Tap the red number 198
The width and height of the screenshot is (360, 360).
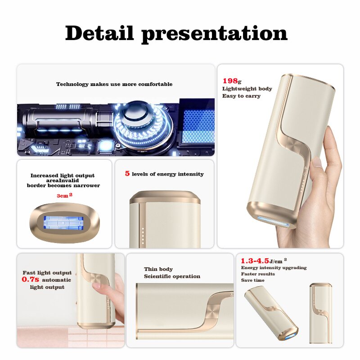(x=230, y=81)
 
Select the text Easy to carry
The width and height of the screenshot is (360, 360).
(x=241, y=96)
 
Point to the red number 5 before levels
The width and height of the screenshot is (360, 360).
(x=127, y=174)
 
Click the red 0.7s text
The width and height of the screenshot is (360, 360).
(x=31, y=279)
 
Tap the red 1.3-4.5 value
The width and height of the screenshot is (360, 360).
(x=254, y=261)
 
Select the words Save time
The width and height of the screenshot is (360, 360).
(x=252, y=280)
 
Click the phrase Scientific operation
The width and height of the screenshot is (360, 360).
(x=172, y=276)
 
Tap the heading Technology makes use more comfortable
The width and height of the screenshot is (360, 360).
(x=114, y=84)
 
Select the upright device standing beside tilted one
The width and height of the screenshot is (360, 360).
(x=321, y=313)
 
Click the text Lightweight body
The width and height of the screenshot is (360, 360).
(x=247, y=89)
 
